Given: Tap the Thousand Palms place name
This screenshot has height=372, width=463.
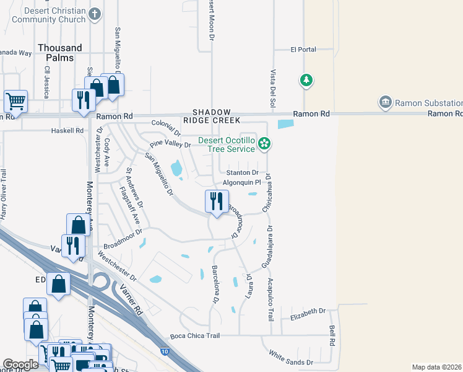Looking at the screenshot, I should (59, 53).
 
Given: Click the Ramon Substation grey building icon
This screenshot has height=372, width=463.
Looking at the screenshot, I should (385, 102).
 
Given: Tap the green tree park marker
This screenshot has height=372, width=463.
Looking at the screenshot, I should (305, 80).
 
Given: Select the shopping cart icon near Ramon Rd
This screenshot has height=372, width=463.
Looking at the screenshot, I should (15, 100).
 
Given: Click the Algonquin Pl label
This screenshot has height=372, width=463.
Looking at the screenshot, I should (243, 184).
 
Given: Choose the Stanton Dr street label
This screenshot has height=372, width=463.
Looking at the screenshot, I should (242, 172).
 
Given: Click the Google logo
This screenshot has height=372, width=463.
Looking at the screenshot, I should (20, 365).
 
